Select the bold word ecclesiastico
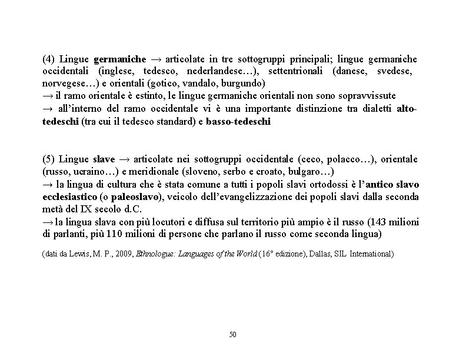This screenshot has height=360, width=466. click(x=70, y=196)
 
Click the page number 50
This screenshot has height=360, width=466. click(x=232, y=334)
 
